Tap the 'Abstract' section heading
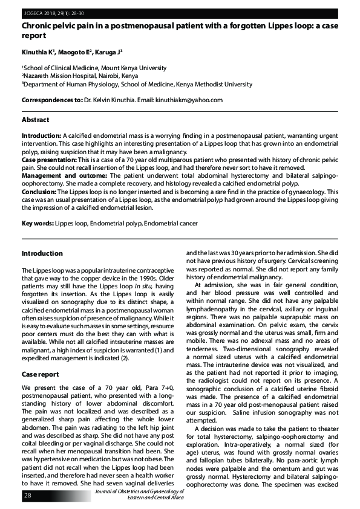(36, 120)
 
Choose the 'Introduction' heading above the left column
(42, 253)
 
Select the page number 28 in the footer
(28, 496)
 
